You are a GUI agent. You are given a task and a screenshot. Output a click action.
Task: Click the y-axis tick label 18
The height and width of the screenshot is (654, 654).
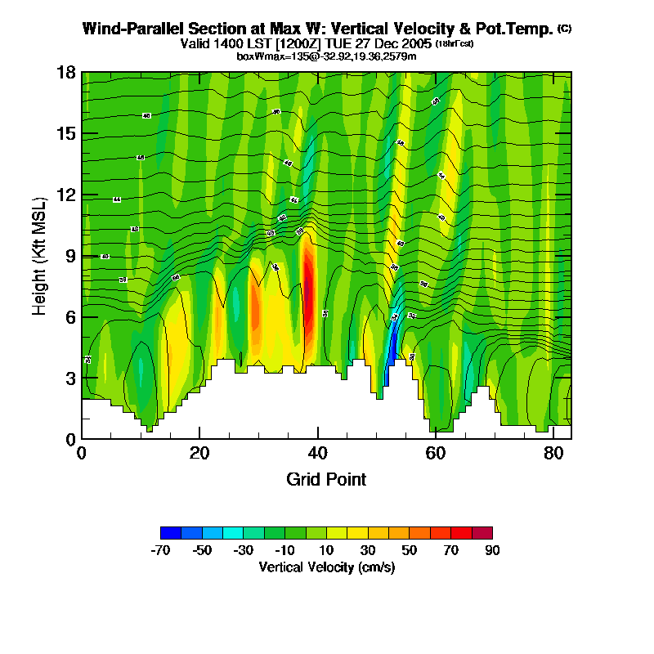point(66,73)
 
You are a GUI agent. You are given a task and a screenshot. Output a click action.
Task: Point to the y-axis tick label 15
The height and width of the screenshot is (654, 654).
point(66,133)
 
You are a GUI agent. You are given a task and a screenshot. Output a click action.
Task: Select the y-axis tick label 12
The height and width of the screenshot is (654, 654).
point(66,195)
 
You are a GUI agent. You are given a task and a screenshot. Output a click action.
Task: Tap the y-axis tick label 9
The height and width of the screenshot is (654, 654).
point(70,256)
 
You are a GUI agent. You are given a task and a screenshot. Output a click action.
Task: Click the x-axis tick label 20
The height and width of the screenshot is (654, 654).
point(199,453)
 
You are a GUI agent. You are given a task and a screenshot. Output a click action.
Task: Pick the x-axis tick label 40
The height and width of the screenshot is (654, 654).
point(317,453)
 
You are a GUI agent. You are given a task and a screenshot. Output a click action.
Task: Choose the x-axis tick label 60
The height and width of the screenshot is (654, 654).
point(435,453)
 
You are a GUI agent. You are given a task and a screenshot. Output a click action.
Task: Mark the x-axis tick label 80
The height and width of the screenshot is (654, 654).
point(553,453)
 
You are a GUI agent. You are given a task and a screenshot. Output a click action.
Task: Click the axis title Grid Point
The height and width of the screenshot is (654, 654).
point(326,479)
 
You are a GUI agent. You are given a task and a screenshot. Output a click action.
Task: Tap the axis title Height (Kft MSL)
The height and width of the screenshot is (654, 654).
point(39,255)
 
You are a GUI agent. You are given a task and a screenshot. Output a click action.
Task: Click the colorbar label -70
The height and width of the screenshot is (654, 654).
point(161,550)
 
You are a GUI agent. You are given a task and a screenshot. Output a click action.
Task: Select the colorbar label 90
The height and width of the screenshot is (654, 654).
point(492,550)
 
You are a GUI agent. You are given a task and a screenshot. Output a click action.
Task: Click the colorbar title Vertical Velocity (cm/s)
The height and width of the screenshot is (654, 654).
point(326,567)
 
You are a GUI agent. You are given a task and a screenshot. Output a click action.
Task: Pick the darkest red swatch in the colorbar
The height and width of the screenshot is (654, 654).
point(482,532)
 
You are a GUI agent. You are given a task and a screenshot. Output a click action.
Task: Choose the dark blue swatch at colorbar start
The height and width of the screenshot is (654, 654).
point(171,532)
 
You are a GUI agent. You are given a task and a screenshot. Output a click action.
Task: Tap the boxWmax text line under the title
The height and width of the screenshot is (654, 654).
point(326,56)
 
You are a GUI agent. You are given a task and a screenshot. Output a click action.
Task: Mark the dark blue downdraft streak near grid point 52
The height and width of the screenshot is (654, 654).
point(392,347)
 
